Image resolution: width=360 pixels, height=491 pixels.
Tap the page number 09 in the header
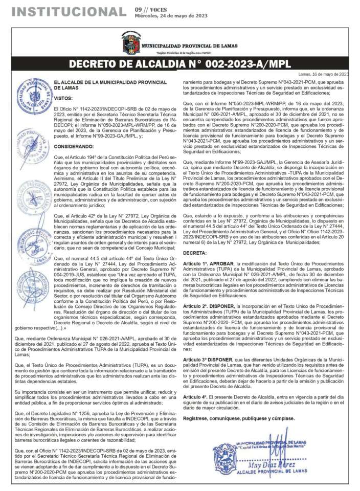(139, 9)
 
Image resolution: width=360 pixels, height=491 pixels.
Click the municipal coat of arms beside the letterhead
(130, 43)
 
